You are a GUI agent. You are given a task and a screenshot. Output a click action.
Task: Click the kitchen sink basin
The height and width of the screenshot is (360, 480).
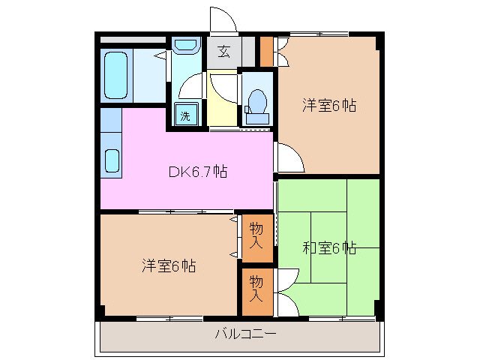coord(111,160)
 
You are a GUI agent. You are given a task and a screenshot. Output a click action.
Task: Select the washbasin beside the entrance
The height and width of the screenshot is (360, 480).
coord(184,47)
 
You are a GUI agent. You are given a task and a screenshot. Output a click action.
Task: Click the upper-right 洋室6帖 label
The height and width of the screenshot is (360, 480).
coord(328,106)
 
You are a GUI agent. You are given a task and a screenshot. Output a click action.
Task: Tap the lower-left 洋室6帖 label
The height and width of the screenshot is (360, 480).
coord(169,265)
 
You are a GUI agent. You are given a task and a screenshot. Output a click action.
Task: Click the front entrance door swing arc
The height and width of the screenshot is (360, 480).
coord(223,19)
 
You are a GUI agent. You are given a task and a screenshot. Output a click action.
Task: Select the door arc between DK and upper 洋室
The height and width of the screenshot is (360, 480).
coord(289,157)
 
